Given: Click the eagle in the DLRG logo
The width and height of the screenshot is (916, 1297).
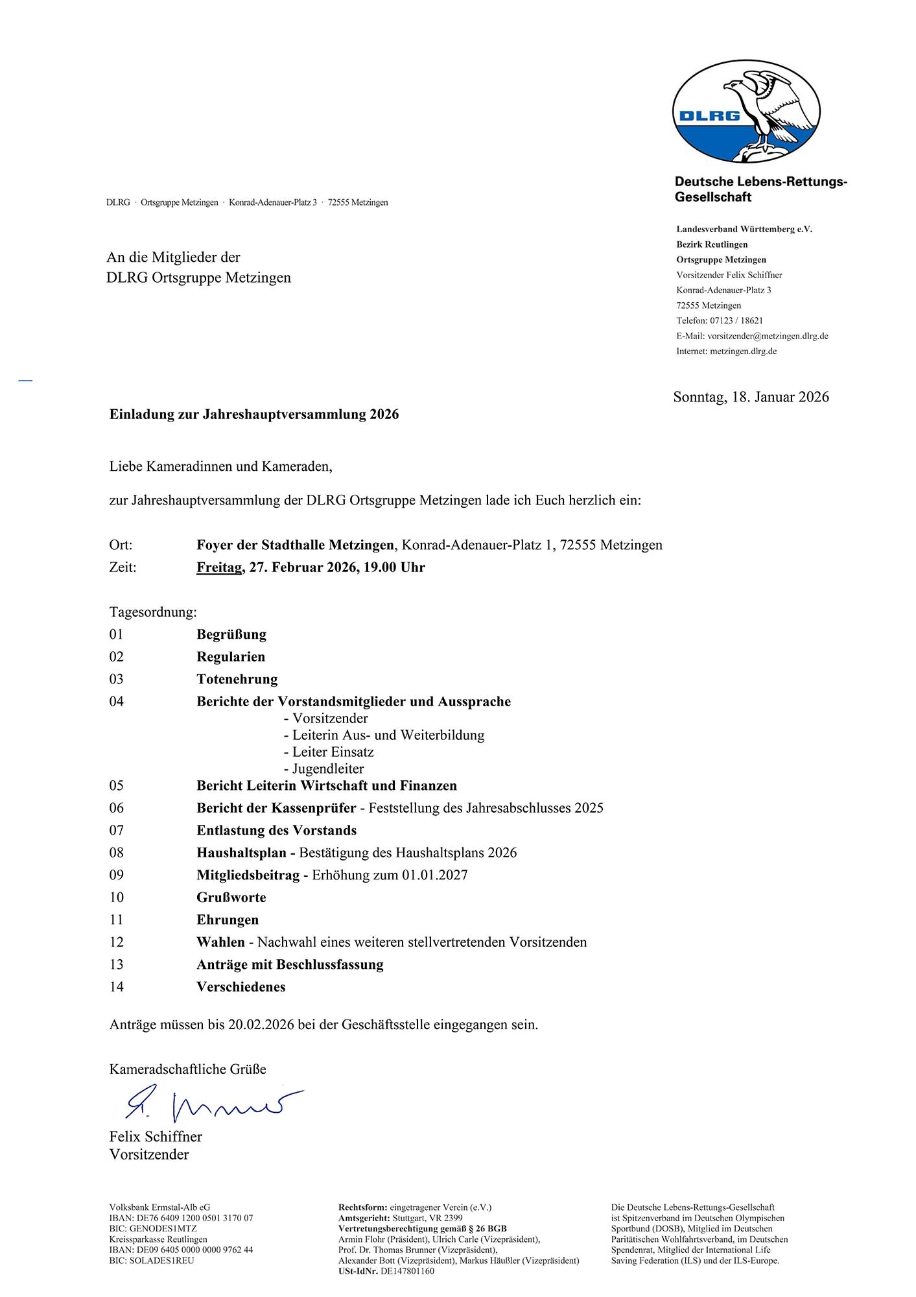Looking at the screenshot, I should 771,110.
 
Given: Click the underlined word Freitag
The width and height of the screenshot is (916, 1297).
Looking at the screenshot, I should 219,567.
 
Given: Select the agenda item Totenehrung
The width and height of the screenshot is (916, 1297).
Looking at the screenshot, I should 237,679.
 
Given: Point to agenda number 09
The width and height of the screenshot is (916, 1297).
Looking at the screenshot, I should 117,875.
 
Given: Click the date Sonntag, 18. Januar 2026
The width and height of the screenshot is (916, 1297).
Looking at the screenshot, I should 751,397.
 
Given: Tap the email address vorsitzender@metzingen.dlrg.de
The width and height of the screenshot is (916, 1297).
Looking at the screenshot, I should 768,336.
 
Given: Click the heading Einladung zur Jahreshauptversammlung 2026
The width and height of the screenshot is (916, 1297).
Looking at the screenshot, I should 254,414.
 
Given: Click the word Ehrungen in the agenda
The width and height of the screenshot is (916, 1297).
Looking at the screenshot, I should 228,920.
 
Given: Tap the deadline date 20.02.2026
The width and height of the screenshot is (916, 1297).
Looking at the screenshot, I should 261,1025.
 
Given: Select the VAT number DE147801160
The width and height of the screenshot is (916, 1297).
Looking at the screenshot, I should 407,1271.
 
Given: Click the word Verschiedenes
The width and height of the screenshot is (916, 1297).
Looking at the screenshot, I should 241,987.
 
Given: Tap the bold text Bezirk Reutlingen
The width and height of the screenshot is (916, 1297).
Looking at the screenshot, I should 712,244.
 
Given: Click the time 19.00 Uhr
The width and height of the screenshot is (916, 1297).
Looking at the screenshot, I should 394,567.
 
